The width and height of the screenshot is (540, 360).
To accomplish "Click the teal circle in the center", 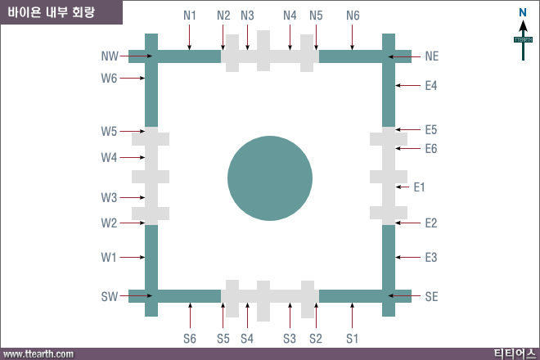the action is [x=270, y=178].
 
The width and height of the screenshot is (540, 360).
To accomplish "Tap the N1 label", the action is [x=190, y=16].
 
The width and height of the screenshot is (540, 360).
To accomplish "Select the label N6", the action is [x=353, y=16].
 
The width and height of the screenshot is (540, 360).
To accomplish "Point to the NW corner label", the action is [x=110, y=56].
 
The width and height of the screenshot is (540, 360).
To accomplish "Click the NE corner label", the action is [x=432, y=56].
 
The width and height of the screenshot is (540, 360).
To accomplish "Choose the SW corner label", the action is [x=110, y=297].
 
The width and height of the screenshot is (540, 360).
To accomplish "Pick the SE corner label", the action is [x=431, y=297].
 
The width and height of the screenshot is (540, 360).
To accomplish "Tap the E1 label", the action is [x=419, y=187].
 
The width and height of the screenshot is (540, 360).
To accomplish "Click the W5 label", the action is [x=109, y=131].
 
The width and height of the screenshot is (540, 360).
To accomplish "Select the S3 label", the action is [x=290, y=339].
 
